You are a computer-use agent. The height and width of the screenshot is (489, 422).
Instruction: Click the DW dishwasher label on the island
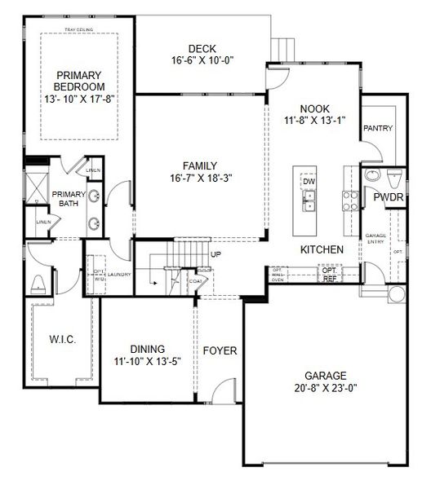(x=309, y=181)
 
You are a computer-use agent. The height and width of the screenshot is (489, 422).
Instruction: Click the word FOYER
(x=220, y=351)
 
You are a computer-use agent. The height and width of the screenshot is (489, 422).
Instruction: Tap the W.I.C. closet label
(x=62, y=338)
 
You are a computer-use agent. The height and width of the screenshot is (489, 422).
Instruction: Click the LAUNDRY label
(x=120, y=275)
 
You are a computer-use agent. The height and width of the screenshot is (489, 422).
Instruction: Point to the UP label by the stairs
(x=216, y=254)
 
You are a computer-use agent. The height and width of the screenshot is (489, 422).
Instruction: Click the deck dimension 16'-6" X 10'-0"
(x=202, y=60)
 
